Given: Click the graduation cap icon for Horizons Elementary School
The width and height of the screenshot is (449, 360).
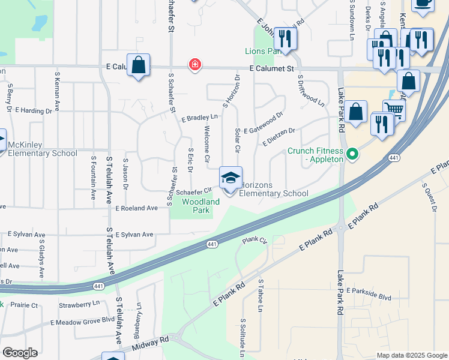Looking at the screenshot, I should (231, 178).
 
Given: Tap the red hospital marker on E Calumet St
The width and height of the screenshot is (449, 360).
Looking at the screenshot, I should (194, 65).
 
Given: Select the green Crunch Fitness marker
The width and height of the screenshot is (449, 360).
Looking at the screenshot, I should (352, 155).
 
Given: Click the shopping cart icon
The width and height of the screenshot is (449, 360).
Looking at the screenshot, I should (394, 109).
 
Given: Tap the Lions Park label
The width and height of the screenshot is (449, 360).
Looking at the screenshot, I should (263, 52).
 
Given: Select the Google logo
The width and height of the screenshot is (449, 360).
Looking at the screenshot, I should (20, 352).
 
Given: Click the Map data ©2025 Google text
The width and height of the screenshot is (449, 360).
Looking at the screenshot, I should (411, 355).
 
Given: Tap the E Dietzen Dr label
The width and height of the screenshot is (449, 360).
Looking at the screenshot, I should (279, 135).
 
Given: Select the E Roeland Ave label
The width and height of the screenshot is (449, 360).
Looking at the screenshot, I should (136, 208).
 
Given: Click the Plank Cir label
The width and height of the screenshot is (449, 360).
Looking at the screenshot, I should (254, 240).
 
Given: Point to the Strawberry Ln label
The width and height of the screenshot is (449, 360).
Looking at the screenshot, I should (79, 304).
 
